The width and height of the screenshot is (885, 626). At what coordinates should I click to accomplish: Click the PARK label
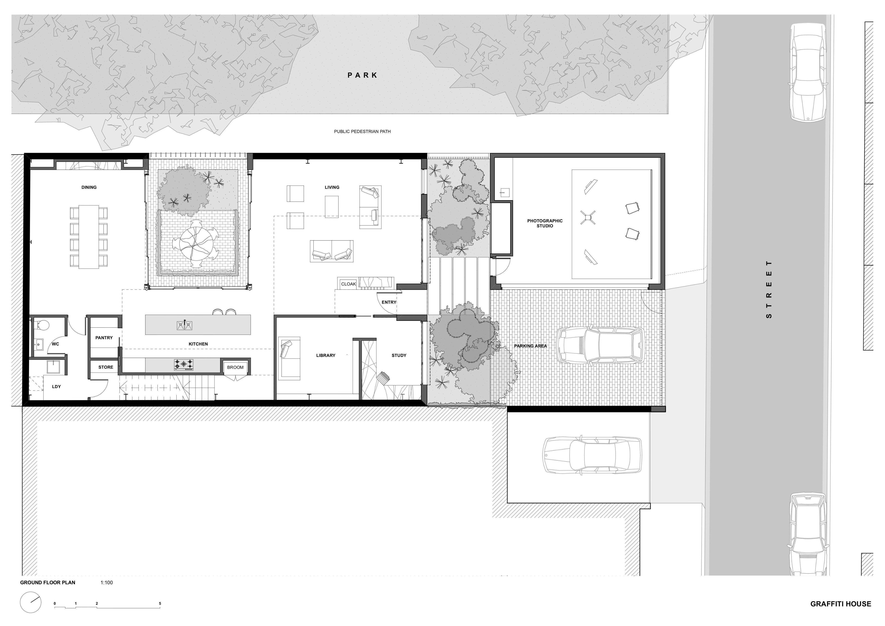[x=362, y=75]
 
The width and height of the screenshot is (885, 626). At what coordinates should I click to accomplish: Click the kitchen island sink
[x=185, y=326]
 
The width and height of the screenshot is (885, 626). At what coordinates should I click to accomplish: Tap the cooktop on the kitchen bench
[x=184, y=365]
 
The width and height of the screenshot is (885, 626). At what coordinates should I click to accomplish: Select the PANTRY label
[x=104, y=338]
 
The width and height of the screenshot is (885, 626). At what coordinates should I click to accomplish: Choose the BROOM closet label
[x=235, y=367]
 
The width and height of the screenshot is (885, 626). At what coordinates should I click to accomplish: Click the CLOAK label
[x=348, y=284]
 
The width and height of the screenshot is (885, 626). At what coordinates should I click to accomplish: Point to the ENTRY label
[x=389, y=302]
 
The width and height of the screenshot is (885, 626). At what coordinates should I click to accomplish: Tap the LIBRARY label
[x=326, y=355]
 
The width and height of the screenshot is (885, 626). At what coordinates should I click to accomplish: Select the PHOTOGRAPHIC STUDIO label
[x=545, y=223]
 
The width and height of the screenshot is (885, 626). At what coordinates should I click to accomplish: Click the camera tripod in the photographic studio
[x=587, y=217]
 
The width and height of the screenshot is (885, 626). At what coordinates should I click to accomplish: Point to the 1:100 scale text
[x=107, y=582]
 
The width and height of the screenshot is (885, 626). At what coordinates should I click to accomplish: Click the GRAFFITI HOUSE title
[x=840, y=604]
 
